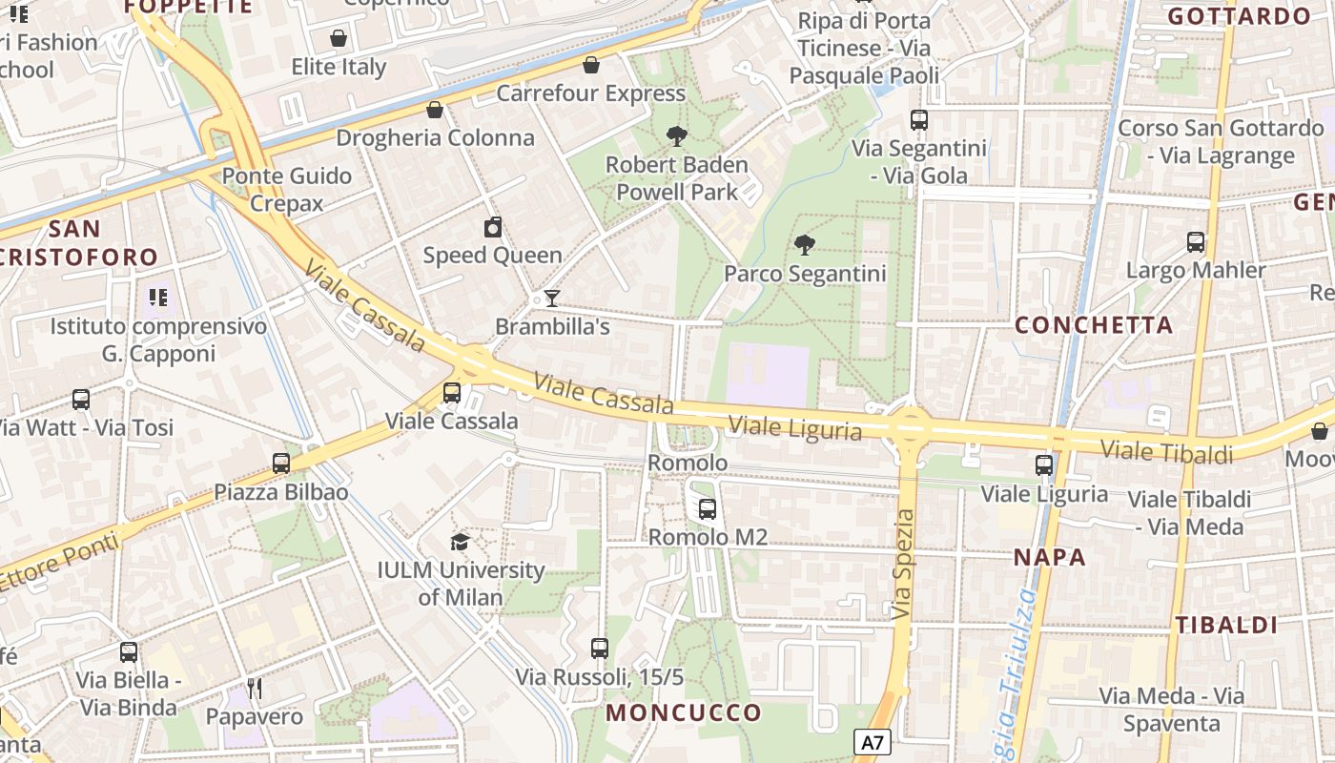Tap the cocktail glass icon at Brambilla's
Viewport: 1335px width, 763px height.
tap(551, 299)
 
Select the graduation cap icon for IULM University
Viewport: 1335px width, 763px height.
tap(460, 543)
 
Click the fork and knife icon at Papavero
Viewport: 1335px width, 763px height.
tap(254, 689)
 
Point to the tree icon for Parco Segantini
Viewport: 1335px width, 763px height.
tap(805, 245)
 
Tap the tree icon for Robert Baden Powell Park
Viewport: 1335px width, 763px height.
tap(677, 136)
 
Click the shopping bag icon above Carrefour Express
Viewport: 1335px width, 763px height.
tap(591, 65)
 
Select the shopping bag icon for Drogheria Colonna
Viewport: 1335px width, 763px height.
tap(435, 110)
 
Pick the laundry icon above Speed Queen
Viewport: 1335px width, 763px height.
tap(492, 227)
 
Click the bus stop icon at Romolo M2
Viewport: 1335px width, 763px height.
tap(707, 509)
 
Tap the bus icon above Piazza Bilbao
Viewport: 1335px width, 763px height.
tap(280, 464)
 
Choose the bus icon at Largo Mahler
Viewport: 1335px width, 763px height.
tap(1196, 242)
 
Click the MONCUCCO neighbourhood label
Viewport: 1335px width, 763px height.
tap(684, 712)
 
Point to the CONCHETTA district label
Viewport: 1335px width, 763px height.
tap(1094, 325)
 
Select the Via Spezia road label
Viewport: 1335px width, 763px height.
tap(904, 565)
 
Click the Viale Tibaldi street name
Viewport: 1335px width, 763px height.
tap(1166, 451)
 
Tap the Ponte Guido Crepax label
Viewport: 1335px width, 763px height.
tap(287, 190)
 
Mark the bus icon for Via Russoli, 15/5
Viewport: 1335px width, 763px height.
tap(599, 649)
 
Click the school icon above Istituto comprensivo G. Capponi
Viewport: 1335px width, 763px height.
tap(158, 298)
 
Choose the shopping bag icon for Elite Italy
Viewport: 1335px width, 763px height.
tap(338, 39)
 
